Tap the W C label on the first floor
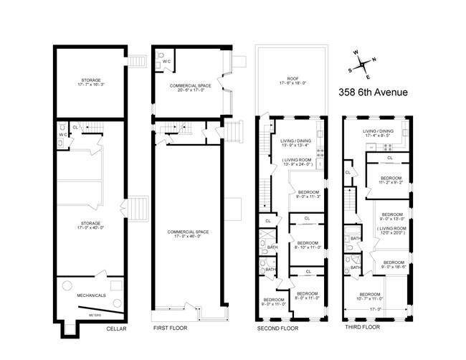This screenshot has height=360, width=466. (167, 62)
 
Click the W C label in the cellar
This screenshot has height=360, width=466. (62, 134)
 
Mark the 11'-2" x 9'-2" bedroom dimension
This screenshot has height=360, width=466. (391, 182)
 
